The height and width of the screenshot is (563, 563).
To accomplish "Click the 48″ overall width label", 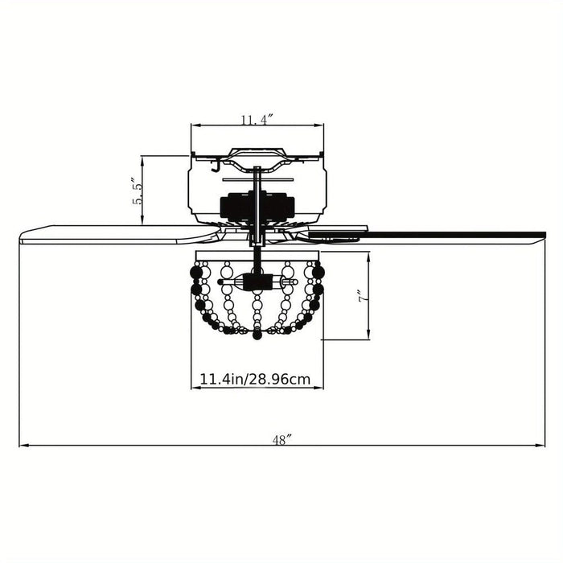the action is (281, 439).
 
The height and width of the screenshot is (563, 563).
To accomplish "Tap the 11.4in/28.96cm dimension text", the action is (255, 379).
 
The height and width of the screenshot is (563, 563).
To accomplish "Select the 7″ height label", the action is (363, 295).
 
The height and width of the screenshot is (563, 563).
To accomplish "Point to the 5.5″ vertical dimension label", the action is (138, 191).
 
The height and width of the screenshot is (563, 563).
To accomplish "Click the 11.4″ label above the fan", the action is (257, 119).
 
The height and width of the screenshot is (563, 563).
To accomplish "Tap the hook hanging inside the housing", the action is (216, 166).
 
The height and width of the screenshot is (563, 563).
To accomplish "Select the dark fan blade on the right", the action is (427, 236).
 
